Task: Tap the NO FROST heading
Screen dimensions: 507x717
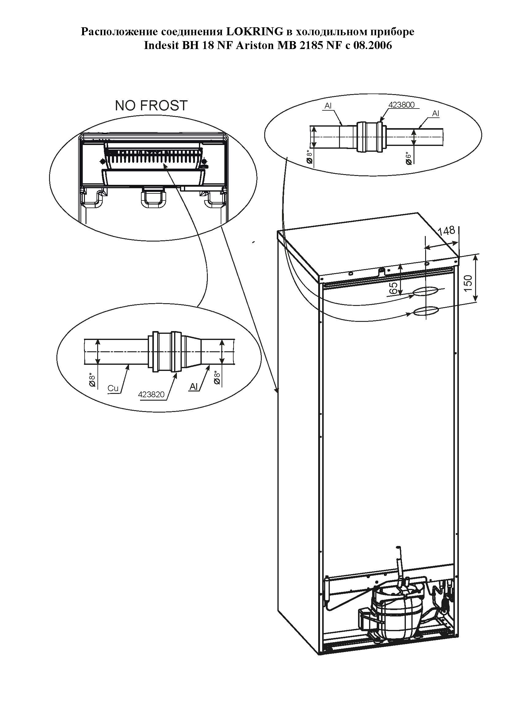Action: tap(151, 105)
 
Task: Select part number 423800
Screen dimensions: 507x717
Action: tap(402, 105)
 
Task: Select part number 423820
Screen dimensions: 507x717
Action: tap(151, 395)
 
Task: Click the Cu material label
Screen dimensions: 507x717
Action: tap(113, 388)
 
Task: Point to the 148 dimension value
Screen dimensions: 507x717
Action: tap(446, 231)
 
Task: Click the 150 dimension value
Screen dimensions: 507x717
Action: tap(468, 283)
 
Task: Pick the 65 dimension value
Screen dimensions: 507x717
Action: tap(394, 288)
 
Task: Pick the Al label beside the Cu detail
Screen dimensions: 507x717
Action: tap(193, 387)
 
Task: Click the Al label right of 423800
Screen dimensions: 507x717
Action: tap(436, 114)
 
